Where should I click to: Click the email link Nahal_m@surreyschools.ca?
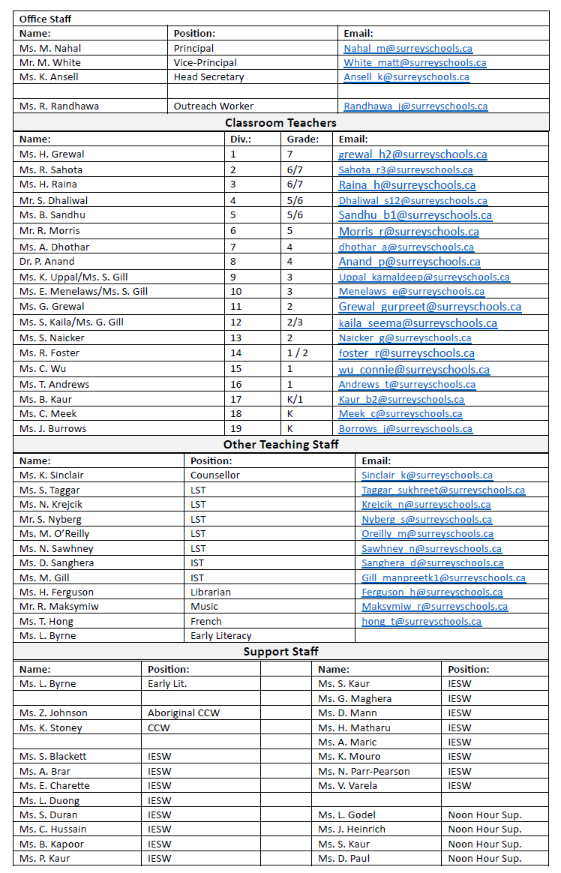[407, 48]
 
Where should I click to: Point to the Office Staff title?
[45, 19]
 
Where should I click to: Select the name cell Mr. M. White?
[50, 63]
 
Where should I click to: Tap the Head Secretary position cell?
[208, 77]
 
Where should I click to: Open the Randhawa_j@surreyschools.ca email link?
[415, 106]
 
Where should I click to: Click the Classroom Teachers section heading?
[280, 122]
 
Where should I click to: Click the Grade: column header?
[303, 139]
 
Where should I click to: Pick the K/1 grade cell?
[295, 399]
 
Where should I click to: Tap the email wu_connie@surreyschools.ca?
[414, 369]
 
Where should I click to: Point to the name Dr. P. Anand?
[47, 262]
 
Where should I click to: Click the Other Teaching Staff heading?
[280, 445]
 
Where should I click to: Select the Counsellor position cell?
[215, 475]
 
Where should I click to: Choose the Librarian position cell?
[211, 592]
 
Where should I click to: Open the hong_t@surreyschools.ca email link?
[421, 622]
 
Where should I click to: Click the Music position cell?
[204, 607]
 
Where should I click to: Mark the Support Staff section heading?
[280, 652]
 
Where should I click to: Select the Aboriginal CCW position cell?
[184, 713]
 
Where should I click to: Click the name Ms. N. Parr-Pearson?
[364, 772]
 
